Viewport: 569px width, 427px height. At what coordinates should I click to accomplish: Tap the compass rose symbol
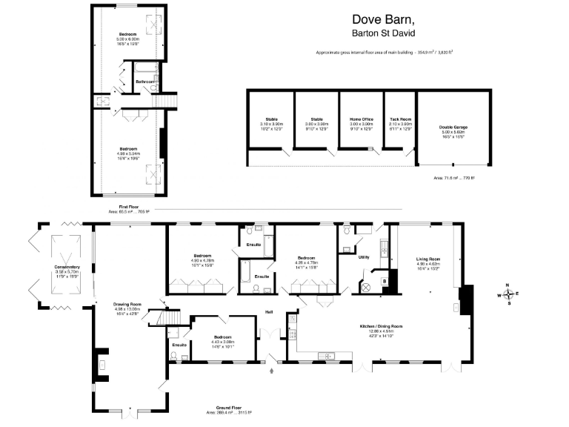pyautogui.click(x=508, y=294)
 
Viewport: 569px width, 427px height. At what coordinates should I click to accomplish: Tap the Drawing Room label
pyautogui.click(x=127, y=304)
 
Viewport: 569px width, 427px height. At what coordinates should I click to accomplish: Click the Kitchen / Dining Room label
pyautogui.click(x=381, y=326)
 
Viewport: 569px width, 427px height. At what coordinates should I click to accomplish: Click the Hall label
pyautogui.click(x=270, y=312)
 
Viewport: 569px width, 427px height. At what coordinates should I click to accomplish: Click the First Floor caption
pyautogui.click(x=129, y=207)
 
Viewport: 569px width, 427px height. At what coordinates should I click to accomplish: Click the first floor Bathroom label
pyautogui.click(x=144, y=81)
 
